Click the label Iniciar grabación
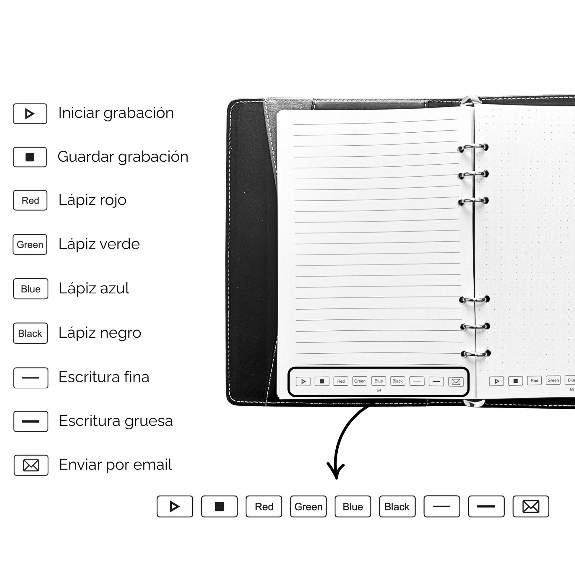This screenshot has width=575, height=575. [116, 113]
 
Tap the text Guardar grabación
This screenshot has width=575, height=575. [123, 157]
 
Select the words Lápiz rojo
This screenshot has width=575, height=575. [92, 200]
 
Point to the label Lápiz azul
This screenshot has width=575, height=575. [94, 288]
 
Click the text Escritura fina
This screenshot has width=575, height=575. [104, 377]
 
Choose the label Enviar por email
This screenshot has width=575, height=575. [116, 464]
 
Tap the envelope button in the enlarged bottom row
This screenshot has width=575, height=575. [531, 506]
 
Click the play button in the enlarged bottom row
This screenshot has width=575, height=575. [175, 506]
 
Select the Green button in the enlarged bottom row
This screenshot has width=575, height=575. [308, 506]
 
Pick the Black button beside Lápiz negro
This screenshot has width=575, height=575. [30, 333]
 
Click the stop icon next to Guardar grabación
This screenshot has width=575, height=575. [30, 157]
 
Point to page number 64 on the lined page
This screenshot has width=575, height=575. [379, 390]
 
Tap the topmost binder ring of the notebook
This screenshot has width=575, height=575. [473, 148]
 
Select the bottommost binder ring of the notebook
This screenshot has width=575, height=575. [475, 354]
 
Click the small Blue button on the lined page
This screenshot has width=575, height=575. [379, 381]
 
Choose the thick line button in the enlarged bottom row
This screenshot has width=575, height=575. [486, 506]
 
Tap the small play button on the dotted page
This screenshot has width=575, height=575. [496, 381]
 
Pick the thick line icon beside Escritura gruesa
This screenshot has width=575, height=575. [31, 421]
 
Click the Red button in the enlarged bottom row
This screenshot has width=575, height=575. [264, 506]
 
